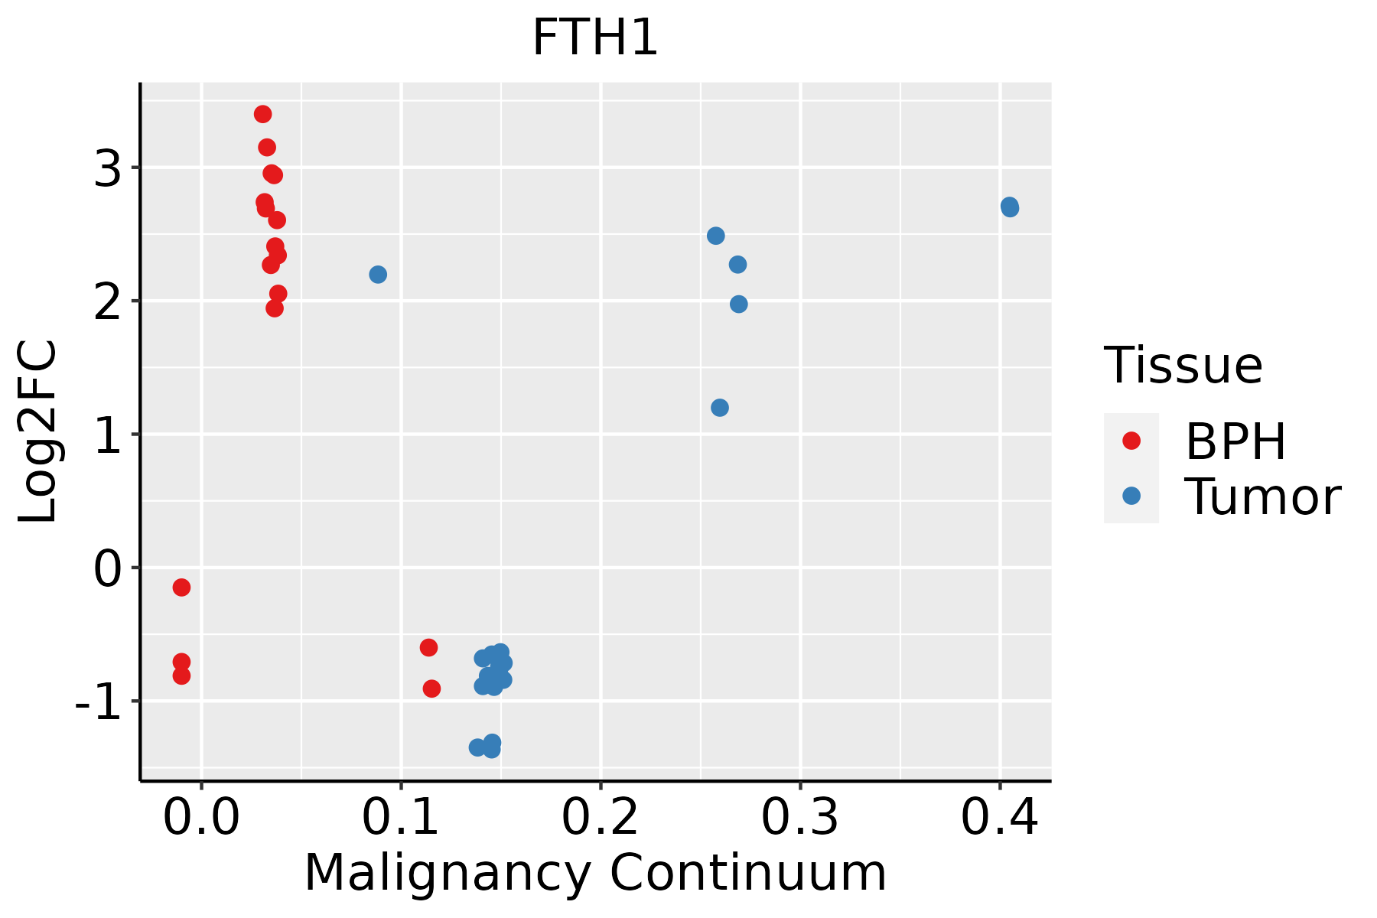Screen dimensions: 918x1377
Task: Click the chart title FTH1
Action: tap(594, 38)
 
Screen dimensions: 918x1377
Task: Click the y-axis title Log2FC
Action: tap(38, 432)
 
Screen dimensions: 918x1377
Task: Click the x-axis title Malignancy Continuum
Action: tap(594, 874)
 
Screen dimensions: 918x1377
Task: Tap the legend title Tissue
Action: tap(1183, 366)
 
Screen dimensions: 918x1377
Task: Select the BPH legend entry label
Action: tap(1235, 441)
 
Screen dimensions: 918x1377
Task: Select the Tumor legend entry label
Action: tap(1262, 497)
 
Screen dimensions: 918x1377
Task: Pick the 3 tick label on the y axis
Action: tap(108, 169)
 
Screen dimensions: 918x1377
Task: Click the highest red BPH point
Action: tap(262, 114)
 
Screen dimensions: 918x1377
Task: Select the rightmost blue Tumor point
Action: tap(1010, 207)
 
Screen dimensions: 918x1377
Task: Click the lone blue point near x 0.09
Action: tap(378, 274)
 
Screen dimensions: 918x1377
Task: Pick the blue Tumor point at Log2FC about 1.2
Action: tap(720, 408)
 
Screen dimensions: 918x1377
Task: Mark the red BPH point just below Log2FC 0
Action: tap(181, 587)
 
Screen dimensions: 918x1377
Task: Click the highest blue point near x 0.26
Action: tap(716, 236)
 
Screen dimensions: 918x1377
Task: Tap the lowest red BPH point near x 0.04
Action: tap(274, 308)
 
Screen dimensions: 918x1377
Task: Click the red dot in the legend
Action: tap(1131, 441)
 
